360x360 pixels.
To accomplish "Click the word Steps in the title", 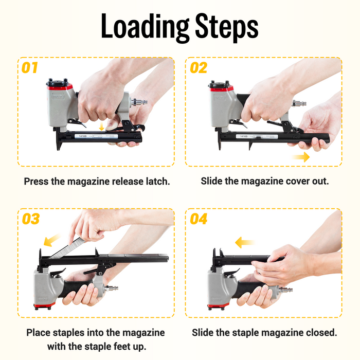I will [226, 27].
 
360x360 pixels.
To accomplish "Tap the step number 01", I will [30, 67].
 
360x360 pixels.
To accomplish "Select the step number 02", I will [199, 67].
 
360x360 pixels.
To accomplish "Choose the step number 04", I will [199, 219].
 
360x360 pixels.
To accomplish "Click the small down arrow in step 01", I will [102, 125].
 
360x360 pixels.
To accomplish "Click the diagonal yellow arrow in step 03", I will [51, 240].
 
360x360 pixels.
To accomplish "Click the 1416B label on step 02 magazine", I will [243, 136].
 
